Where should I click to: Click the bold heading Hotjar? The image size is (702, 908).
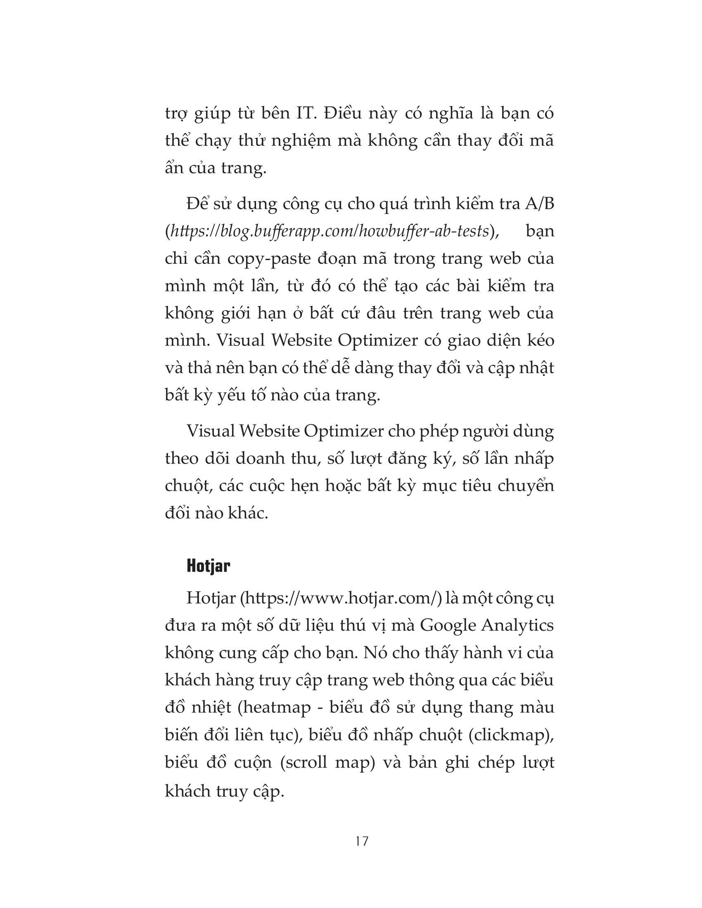click(209, 566)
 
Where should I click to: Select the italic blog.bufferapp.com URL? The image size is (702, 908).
click(328, 231)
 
